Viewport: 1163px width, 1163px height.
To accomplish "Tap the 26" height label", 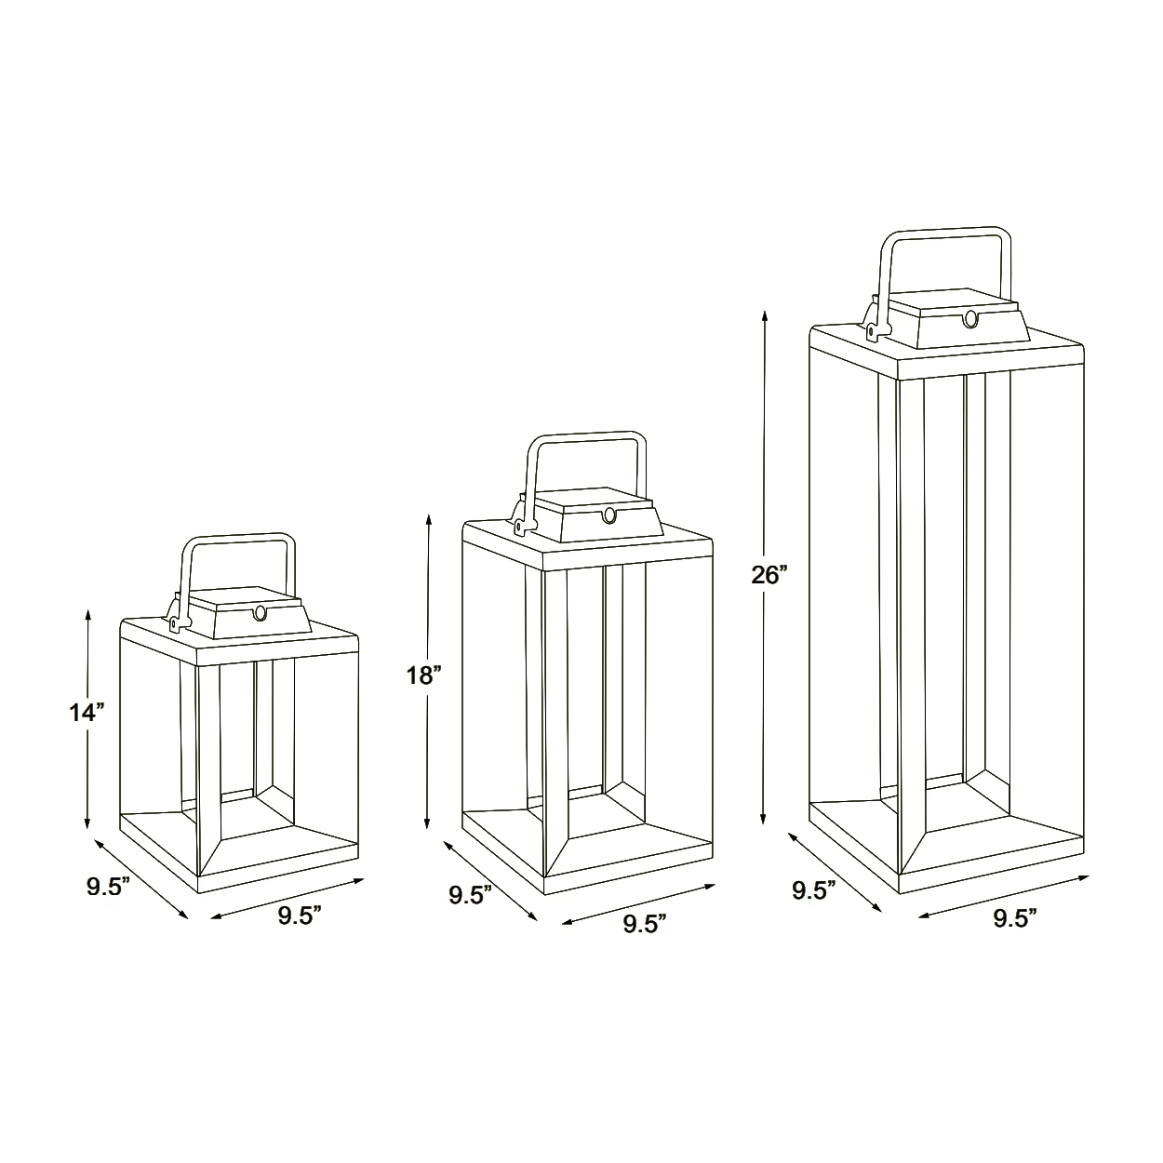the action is pyautogui.click(x=769, y=575).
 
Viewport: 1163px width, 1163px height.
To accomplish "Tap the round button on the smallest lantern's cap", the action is pyautogui.click(x=261, y=613).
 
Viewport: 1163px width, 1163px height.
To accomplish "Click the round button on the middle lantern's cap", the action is pyautogui.click(x=609, y=515).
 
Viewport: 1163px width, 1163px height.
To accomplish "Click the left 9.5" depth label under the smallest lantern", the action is pyautogui.click(x=108, y=888).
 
